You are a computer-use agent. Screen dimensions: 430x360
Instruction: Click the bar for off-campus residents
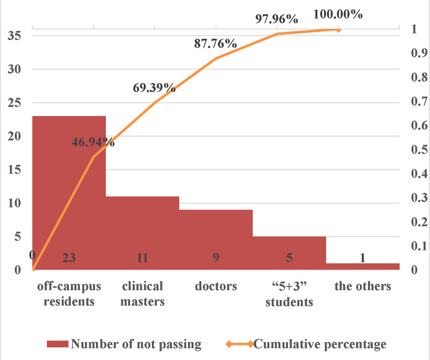[69, 193]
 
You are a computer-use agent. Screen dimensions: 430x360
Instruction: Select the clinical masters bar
[143, 233]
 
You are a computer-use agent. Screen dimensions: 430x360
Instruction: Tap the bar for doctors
[216, 240]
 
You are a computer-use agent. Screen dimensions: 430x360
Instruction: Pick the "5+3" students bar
[290, 253]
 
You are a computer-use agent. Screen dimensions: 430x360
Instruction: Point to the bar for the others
[363, 266]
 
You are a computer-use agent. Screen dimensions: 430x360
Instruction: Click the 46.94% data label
[93, 142]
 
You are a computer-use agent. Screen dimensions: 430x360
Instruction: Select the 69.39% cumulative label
[154, 88]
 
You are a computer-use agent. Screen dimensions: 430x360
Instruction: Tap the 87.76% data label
[216, 43]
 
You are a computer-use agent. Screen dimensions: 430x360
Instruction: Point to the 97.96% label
[277, 19]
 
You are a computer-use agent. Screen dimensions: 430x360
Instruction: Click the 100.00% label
[338, 14]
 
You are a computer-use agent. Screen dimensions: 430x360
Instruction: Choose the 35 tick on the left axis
[14, 36]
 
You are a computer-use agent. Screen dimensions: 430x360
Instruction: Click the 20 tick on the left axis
[14, 136]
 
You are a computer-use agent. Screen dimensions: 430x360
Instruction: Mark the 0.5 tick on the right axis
[420, 150]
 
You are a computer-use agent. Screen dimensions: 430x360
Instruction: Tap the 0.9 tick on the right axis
[420, 53]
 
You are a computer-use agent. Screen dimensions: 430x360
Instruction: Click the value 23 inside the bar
[69, 258]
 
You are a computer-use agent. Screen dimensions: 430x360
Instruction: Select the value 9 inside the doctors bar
[216, 258]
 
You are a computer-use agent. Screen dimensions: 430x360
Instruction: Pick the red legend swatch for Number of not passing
[57, 344]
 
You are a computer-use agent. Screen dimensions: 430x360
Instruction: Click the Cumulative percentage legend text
[320, 344]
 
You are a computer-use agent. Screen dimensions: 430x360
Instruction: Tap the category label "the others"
[363, 286]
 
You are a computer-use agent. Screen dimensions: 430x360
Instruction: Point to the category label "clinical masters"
[143, 294]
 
